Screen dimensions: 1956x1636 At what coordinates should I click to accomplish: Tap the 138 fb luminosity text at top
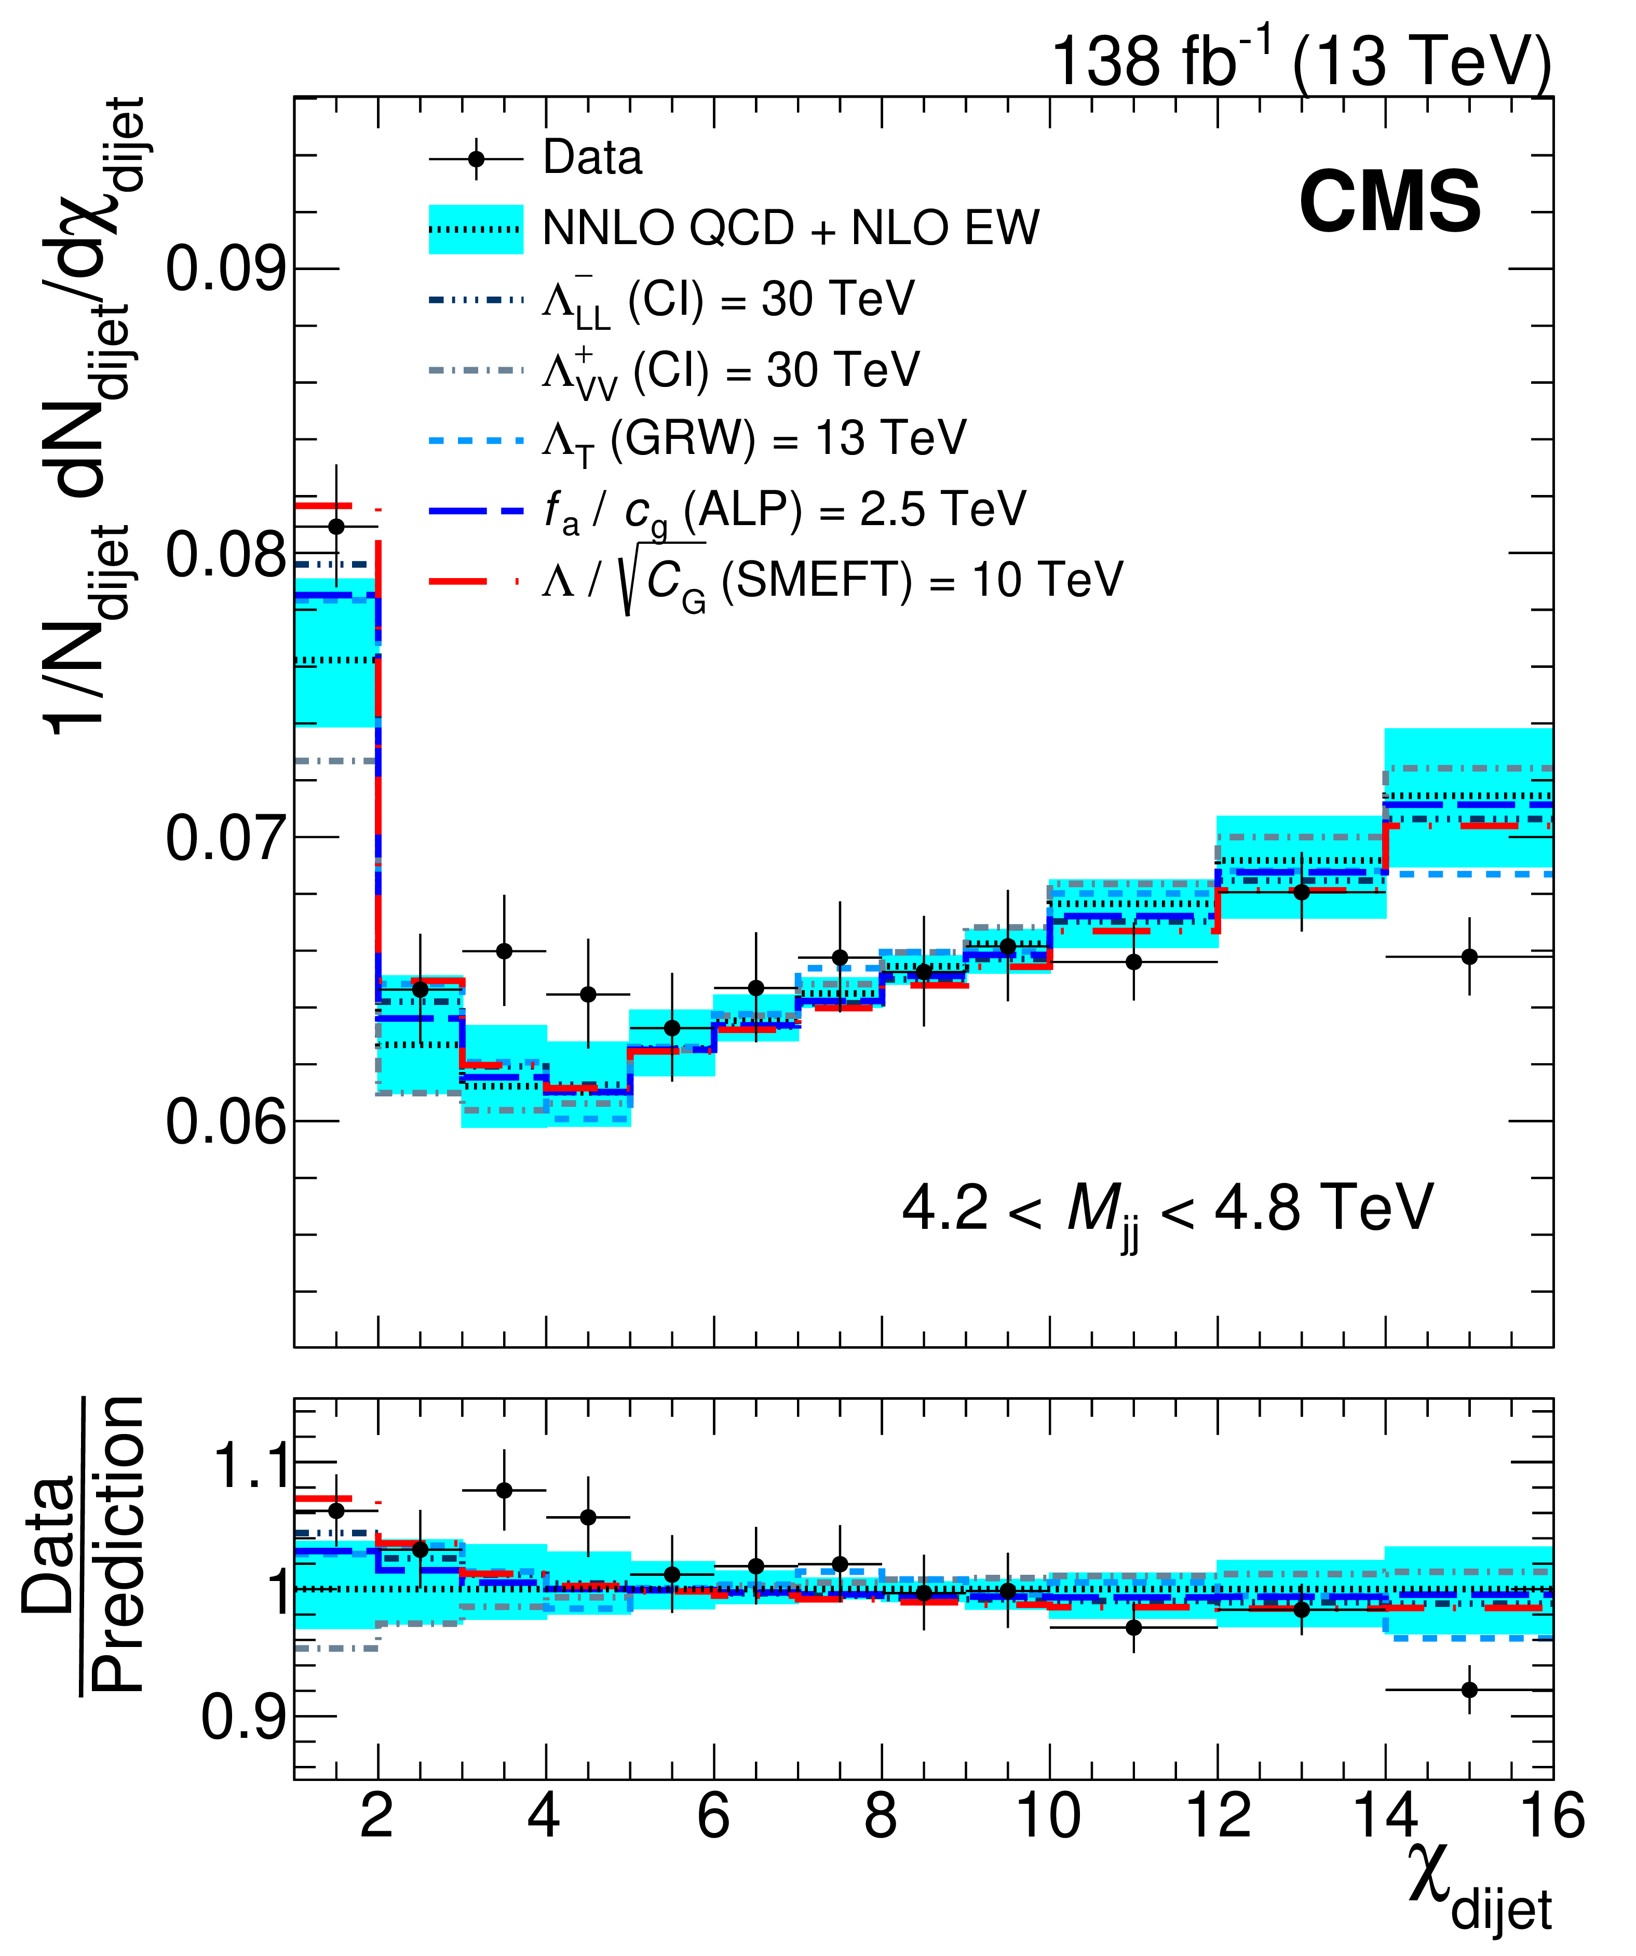pyautogui.click(x=1300, y=61)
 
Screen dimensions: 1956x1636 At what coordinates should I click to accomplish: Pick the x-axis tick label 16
pyautogui.click(x=1551, y=1817)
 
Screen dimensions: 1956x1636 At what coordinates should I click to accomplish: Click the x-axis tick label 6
pyautogui.click(x=713, y=1817)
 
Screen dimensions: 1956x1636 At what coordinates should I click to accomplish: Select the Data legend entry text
pyautogui.click(x=592, y=158)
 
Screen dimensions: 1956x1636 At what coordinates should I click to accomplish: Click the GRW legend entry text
pyautogui.click(x=754, y=439)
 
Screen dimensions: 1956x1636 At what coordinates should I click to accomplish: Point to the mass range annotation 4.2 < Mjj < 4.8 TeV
pyautogui.click(x=1167, y=1211)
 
